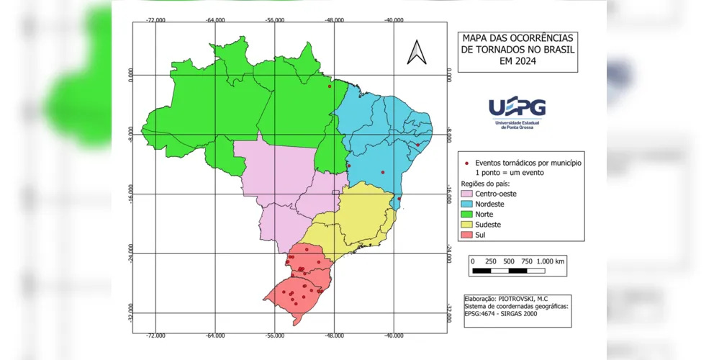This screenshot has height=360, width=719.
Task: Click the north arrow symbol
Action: (417, 52)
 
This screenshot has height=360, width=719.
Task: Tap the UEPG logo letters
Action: (517, 107)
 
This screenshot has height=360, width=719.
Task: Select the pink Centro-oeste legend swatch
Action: (466, 194)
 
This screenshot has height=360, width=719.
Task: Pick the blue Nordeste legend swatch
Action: (466, 204)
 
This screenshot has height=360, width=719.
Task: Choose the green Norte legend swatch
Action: (466, 215)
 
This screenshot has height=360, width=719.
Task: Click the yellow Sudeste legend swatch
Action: (466, 225)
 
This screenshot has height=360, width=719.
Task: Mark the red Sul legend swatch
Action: (466, 235)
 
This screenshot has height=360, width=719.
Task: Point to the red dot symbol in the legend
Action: (468, 163)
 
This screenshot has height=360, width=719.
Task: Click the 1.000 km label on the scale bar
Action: (550, 261)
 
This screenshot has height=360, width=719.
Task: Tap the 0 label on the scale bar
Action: (472, 261)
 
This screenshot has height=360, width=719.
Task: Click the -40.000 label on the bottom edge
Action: (393, 336)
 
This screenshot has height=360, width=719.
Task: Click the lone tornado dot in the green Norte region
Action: (330, 86)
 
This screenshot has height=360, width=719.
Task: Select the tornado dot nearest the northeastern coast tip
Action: (417, 145)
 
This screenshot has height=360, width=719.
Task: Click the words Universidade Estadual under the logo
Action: (517, 122)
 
